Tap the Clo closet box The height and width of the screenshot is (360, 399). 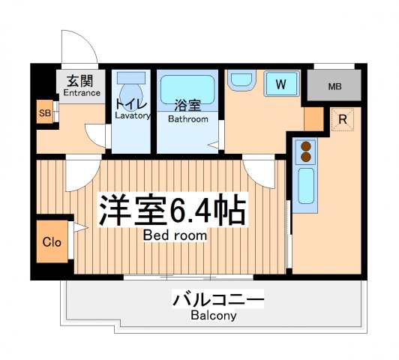tap(51, 242)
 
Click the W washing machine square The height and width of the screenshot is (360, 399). tap(280, 84)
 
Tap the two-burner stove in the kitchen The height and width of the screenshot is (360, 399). tap(305, 152)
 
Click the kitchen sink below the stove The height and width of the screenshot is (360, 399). tap(306, 184)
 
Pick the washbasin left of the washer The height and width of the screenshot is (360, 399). tap(241, 80)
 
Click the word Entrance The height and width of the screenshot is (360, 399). tap(82, 93)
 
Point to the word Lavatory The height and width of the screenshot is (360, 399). tap(133, 115)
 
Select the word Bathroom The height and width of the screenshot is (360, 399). tap(188, 118)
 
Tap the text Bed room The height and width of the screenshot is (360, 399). tap(176, 235)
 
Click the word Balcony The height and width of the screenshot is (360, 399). tap(214, 316)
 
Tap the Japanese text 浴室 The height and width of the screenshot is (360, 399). tap(187, 106)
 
